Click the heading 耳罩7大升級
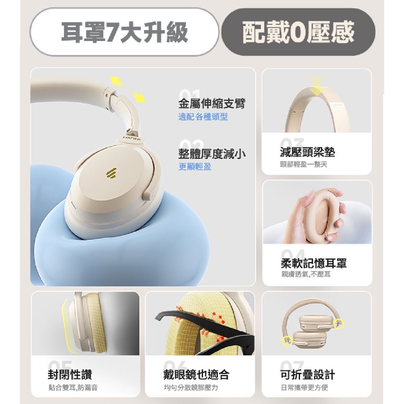(x=124, y=32)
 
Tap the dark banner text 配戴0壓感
(x=298, y=32)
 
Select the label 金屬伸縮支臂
(x=212, y=103)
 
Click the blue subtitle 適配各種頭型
(x=203, y=117)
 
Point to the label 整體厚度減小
(x=212, y=154)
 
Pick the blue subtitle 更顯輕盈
(x=195, y=167)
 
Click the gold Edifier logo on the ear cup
(x=111, y=173)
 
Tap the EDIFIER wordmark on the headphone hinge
(x=131, y=138)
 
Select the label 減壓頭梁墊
(x=308, y=152)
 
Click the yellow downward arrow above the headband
(x=317, y=86)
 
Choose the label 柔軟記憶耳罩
(x=314, y=263)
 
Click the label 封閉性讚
(x=70, y=374)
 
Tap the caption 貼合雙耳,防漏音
(x=73, y=387)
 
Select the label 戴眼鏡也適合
(x=196, y=374)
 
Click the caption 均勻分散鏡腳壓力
(x=191, y=387)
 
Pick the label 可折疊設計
(x=308, y=374)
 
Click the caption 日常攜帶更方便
(x=305, y=387)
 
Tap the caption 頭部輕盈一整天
(x=304, y=165)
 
